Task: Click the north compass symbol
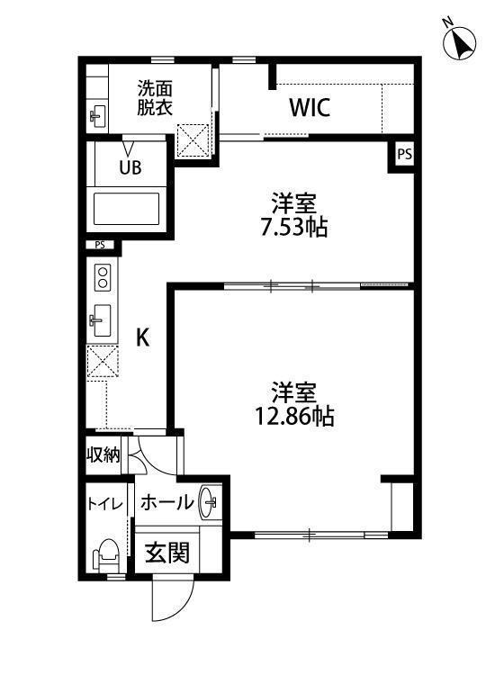click(462, 42)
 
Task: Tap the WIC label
click(310, 108)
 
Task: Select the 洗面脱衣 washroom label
click(155, 97)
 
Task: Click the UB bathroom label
click(130, 166)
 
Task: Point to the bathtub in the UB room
click(129, 208)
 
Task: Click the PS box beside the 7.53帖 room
click(405, 155)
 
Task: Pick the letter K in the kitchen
click(141, 337)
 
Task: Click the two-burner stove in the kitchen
click(102, 276)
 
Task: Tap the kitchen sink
click(101, 319)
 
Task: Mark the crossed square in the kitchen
click(101, 363)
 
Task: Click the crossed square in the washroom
click(194, 139)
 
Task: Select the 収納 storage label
click(103, 454)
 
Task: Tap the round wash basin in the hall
click(209, 501)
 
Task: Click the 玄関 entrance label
click(167, 552)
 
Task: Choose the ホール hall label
click(166, 503)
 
